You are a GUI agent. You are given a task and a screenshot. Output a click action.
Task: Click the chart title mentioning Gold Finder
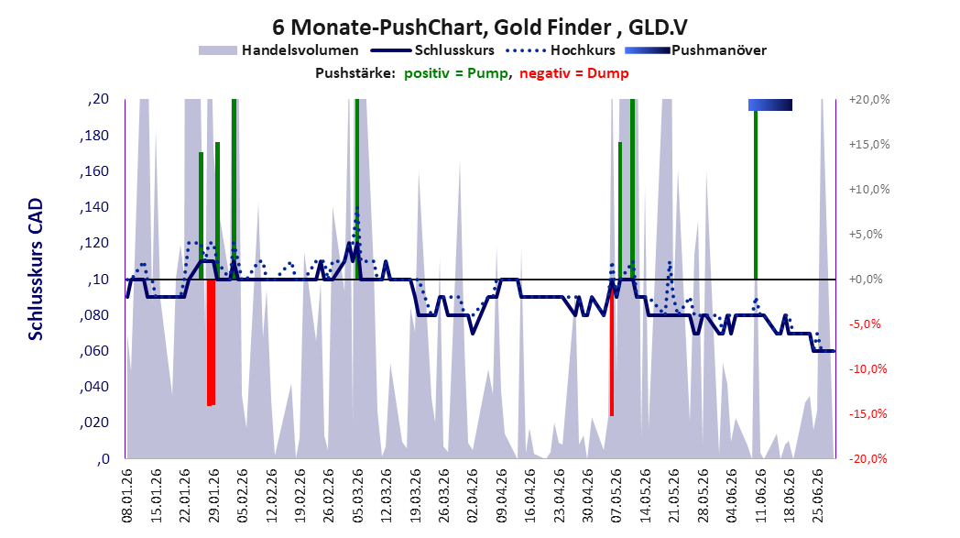pyautogui.click(x=479, y=27)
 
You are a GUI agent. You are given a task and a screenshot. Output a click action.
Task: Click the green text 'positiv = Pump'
pyautogui.click(x=456, y=73)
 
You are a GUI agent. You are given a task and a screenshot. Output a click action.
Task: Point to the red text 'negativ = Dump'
pyautogui.click(x=574, y=73)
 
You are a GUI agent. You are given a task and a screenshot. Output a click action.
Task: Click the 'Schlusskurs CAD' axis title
pyautogui.click(x=36, y=269)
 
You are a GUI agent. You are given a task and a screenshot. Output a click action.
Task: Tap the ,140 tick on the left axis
pyautogui.click(x=94, y=207)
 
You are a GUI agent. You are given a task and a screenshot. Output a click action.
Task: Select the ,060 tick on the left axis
pyautogui.click(x=94, y=351)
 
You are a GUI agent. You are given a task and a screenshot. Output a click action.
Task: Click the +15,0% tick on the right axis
pyautogui.click(x=869, y=145)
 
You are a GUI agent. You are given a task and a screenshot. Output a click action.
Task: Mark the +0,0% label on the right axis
pyautogui.click(x=866, y=280)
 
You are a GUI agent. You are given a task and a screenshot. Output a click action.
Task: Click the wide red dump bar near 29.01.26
pyautogui.click(x=212, y=343)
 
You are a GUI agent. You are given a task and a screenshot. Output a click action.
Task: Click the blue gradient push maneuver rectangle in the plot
pyautogui.click(x=770, y=104)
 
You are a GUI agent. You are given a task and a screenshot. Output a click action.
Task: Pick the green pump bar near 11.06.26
pyautogui.click(x=756, y=195)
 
